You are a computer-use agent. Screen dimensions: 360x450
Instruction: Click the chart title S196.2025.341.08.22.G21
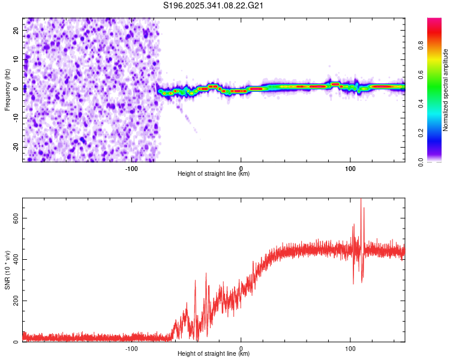(214, 5)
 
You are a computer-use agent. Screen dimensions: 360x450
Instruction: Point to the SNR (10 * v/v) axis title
(7, 270)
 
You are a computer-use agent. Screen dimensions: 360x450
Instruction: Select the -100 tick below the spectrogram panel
(131, 168)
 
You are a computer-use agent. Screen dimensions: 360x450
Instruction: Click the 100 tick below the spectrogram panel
(350, 168)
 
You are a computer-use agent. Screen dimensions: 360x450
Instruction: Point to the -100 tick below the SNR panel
(131, 348)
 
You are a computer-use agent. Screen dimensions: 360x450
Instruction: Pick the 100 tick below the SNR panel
(350, 348)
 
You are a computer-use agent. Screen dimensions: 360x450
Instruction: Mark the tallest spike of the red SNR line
(361, 200)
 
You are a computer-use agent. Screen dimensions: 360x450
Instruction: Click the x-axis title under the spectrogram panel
(214, 174)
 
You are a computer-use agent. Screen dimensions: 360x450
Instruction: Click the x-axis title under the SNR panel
(214, 354)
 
